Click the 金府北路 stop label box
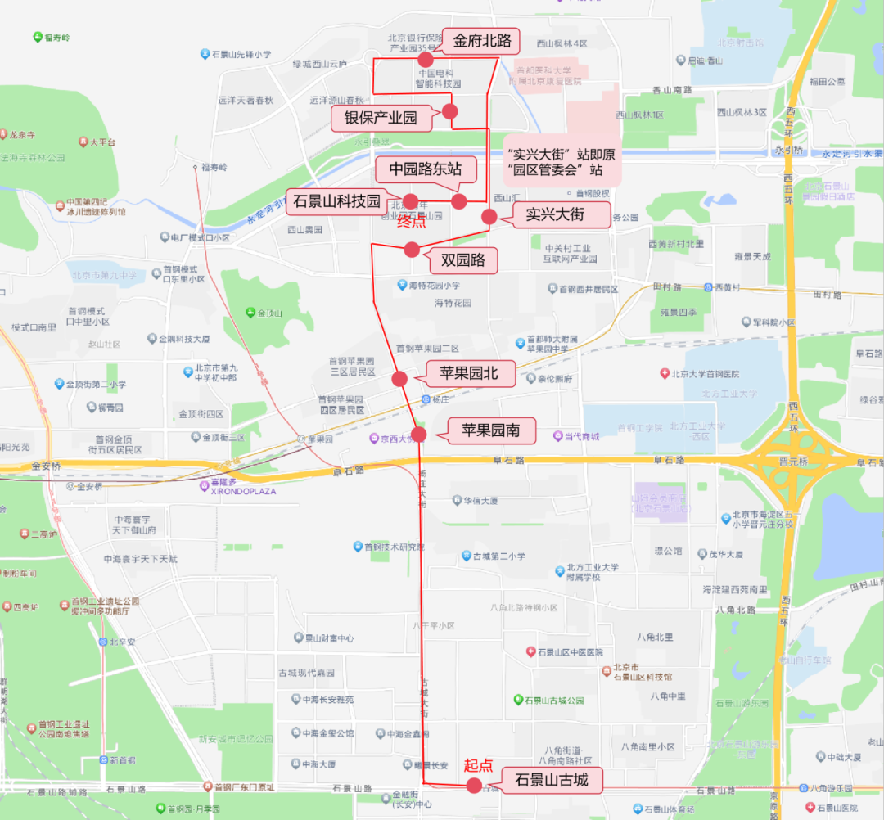pyautogui.click(x=482, y=40)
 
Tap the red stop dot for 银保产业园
pyautogui.click(x=449, y=111)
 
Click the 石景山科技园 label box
pyautogui.click(x=337, y=201)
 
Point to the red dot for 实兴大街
pyautogui.click(x=489, y=217)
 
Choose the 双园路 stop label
pyautogui.click(x=463, y=260)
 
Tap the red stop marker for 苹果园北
pyautogui.click(x=399, y=378)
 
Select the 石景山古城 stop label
pyautogui.click(x=551, y=780)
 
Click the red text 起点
pyautogui.click(x=479, y=765)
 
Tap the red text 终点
pyautogui.click(x=411, y=222)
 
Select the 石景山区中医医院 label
pyautogui.click(x=564, y=652)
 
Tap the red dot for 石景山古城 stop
pyautogui.click(x=473, y=786)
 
